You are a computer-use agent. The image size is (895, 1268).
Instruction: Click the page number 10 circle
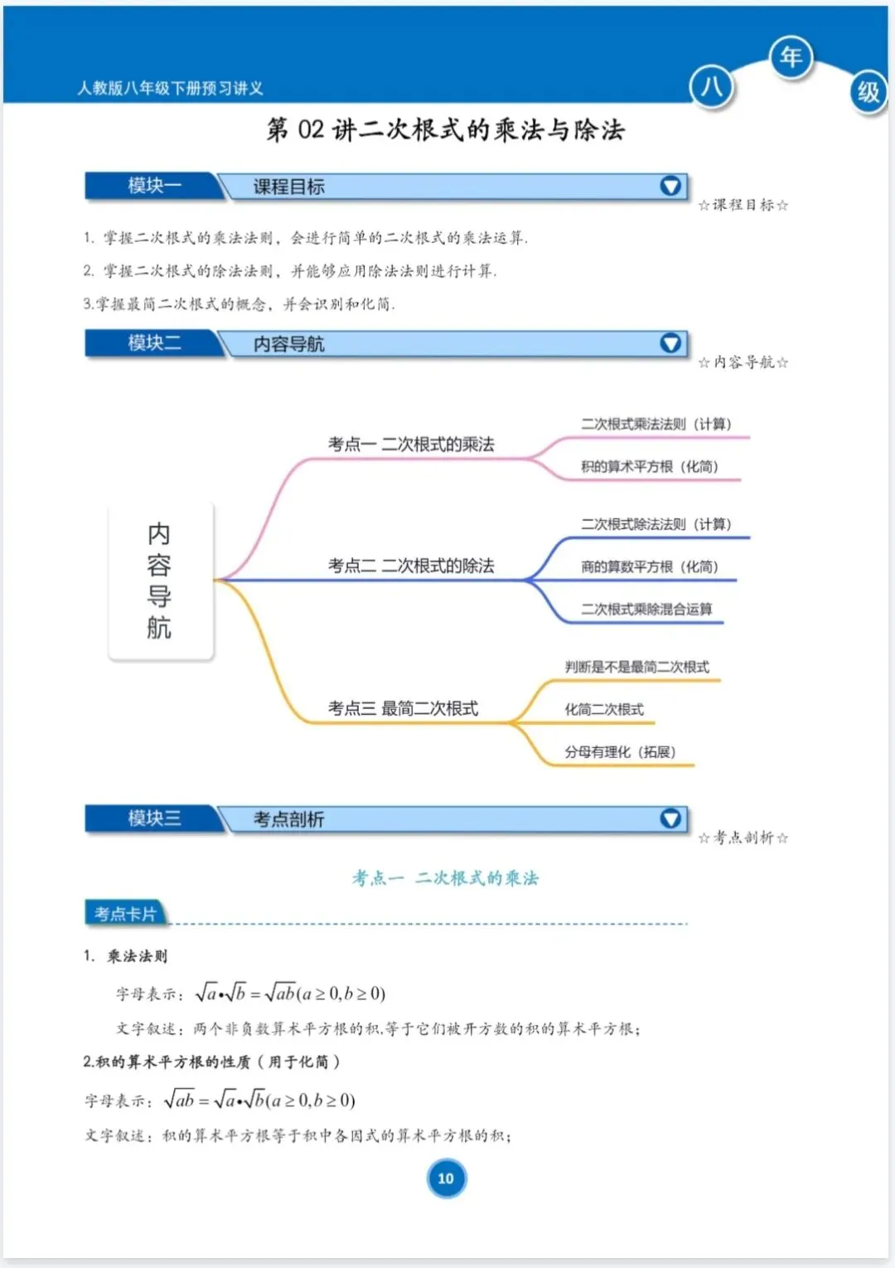446,1178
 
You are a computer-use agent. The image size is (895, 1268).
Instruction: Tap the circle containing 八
711,87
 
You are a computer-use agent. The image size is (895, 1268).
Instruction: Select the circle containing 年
791,57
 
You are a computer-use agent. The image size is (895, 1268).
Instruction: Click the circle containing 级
868,91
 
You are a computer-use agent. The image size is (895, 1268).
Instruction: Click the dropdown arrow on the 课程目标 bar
670,186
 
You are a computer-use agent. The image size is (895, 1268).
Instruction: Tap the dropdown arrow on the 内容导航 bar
670,343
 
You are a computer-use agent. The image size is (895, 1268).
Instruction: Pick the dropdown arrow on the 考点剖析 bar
670,819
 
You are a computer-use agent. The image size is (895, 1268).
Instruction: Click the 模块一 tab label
154,186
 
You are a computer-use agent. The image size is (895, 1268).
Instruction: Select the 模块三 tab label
154,819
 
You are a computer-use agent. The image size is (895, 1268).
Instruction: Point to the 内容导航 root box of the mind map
160,581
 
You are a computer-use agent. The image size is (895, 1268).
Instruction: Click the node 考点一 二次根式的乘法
411,445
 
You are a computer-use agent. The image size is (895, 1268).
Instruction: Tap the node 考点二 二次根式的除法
411,566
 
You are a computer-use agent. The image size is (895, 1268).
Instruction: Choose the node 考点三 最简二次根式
403,708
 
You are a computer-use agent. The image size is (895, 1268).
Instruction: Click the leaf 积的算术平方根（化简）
649,467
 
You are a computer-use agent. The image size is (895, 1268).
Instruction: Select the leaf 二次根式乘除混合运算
646,610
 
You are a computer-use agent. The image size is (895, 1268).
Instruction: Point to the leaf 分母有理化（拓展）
620,752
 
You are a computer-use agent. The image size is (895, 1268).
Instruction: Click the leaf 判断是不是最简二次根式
636,667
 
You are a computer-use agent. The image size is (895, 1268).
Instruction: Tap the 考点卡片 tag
125,914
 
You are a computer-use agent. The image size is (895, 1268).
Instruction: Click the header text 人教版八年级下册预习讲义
170,88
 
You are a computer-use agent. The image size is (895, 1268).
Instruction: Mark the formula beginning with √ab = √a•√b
259,1100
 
